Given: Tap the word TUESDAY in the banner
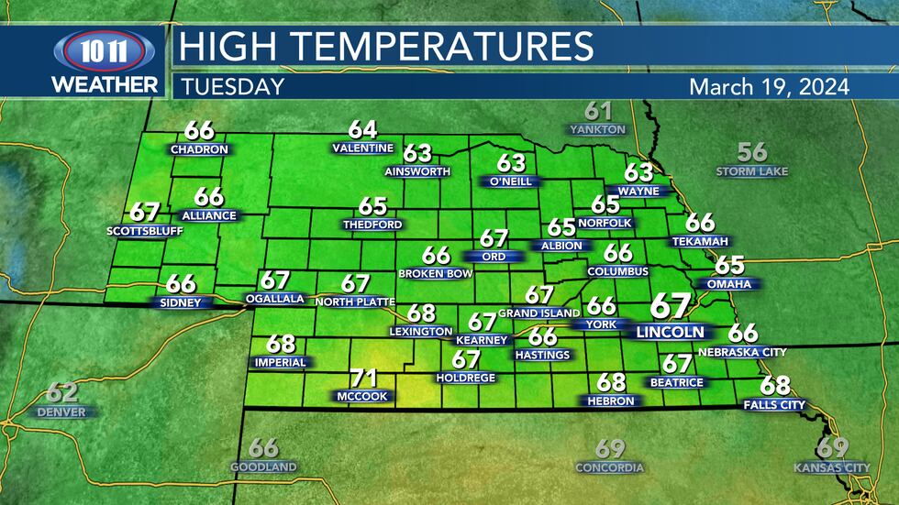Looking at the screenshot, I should click(232, 87).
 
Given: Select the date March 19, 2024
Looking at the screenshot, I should click(769, 87).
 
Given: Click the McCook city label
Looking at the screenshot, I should click(362, 397).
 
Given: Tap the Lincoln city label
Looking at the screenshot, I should click(671, 332).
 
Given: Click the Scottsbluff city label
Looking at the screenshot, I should click(145, 231).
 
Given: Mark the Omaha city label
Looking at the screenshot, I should click(729, 284).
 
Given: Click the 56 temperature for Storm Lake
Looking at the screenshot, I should click(752, 152).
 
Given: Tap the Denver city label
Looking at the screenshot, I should click(61, 412).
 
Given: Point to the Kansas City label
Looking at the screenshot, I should click(832, 468).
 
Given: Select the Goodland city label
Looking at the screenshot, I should click(263, 467).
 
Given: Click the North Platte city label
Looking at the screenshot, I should click(355, 302).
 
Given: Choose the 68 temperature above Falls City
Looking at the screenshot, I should click(775, 385).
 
